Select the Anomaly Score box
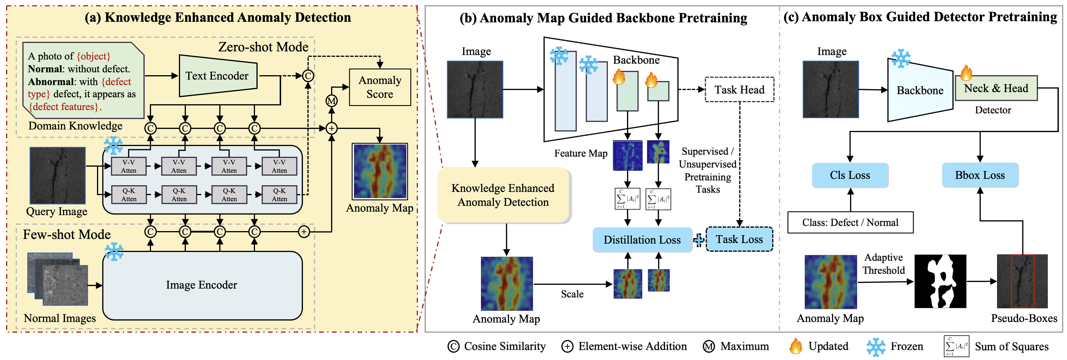pos(380,87)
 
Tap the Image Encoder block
pos(202,285)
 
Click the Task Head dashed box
pos(739,89)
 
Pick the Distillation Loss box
pos(642,240)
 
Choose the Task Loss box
pos(739,240)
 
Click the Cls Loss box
pos(850,175)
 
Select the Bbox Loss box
pos(980,175)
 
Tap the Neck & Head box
pos(996,88)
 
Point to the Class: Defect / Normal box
pos(850,222)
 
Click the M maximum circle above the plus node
pos(332,101)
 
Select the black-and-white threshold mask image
pos(940,281)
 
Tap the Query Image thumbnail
pos(58,176)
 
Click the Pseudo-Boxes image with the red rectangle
pos(1022,281)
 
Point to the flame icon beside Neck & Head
pos(966,73)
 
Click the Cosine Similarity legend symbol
pos(454,346)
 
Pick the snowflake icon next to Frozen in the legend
pos(876,347)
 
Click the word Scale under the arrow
pos(572,294)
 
